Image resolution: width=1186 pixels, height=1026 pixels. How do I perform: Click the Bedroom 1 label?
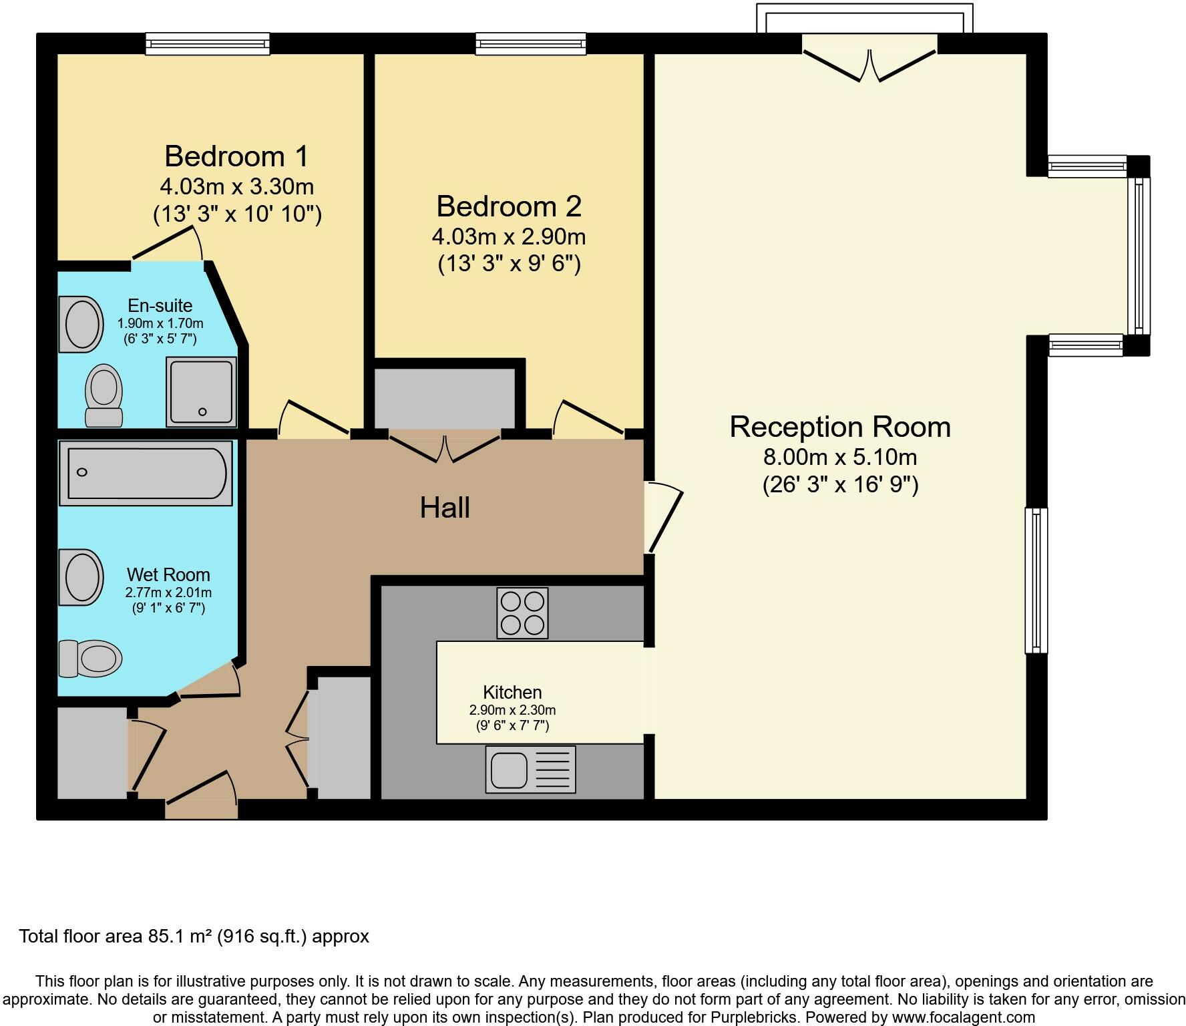coord(236,156)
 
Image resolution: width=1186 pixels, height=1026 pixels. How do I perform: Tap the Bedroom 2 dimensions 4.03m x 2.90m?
coord(509,236)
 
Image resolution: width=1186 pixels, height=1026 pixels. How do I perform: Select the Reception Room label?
coord(839,427)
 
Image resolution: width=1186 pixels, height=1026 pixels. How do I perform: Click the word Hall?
coord(445,508)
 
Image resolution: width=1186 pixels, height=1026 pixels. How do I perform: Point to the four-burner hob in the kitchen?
coord(522,613)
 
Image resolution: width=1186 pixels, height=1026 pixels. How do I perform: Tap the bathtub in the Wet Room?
coord(146,473)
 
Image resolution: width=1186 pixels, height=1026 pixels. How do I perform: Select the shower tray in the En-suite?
coord(201,392)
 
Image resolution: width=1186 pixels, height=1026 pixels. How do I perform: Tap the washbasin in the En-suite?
coord(81,324)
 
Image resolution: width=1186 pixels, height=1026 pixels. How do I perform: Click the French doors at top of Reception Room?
coord(869,65)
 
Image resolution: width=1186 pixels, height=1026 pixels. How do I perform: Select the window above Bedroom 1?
coord(208,44)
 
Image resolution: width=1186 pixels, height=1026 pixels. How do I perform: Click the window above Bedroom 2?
coord(531,44)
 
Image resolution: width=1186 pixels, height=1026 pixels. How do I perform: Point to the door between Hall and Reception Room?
coord(662,518)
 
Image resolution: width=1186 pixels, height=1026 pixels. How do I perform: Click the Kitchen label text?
coord(512,692)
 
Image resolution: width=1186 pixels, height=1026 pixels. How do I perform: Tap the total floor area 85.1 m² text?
coord(194,936)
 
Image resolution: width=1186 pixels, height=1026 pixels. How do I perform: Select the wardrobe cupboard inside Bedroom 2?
coord(445,398)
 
